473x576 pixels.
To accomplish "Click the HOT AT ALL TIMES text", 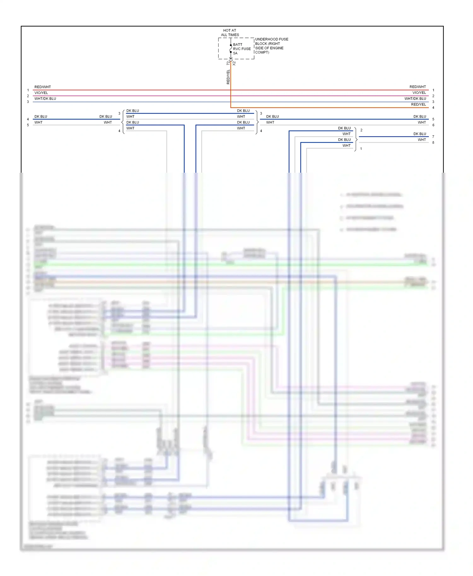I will coord(230,33).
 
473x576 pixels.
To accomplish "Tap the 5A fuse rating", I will coord(235,53).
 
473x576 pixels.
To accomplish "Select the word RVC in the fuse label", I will coord(237,49).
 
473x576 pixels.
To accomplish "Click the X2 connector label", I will coord(234,63).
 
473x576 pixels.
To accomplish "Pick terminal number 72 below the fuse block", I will coord(228,63).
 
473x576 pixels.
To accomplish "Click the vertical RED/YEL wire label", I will coord(228,77).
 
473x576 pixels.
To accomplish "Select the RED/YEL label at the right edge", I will coord(418,105).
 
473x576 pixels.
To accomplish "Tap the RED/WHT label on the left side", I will coord(43,87).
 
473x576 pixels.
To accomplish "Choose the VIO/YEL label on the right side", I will coord(419,93).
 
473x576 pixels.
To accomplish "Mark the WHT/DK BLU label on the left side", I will coord(45,99).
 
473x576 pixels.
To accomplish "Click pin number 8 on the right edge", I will coord(433,143).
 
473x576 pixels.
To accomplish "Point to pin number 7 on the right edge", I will coord(433,137).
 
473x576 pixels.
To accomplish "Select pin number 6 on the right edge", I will coord(433,125).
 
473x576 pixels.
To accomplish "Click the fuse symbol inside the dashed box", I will coord(231,49).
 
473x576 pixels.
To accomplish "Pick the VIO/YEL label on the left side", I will coord(41,93).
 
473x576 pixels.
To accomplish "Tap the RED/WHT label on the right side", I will coord(418,87).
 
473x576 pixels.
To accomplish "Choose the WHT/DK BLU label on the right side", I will coord(415,99).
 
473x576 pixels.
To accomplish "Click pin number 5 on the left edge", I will coord(28,125).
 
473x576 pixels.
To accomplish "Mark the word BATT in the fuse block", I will coord(238,45).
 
